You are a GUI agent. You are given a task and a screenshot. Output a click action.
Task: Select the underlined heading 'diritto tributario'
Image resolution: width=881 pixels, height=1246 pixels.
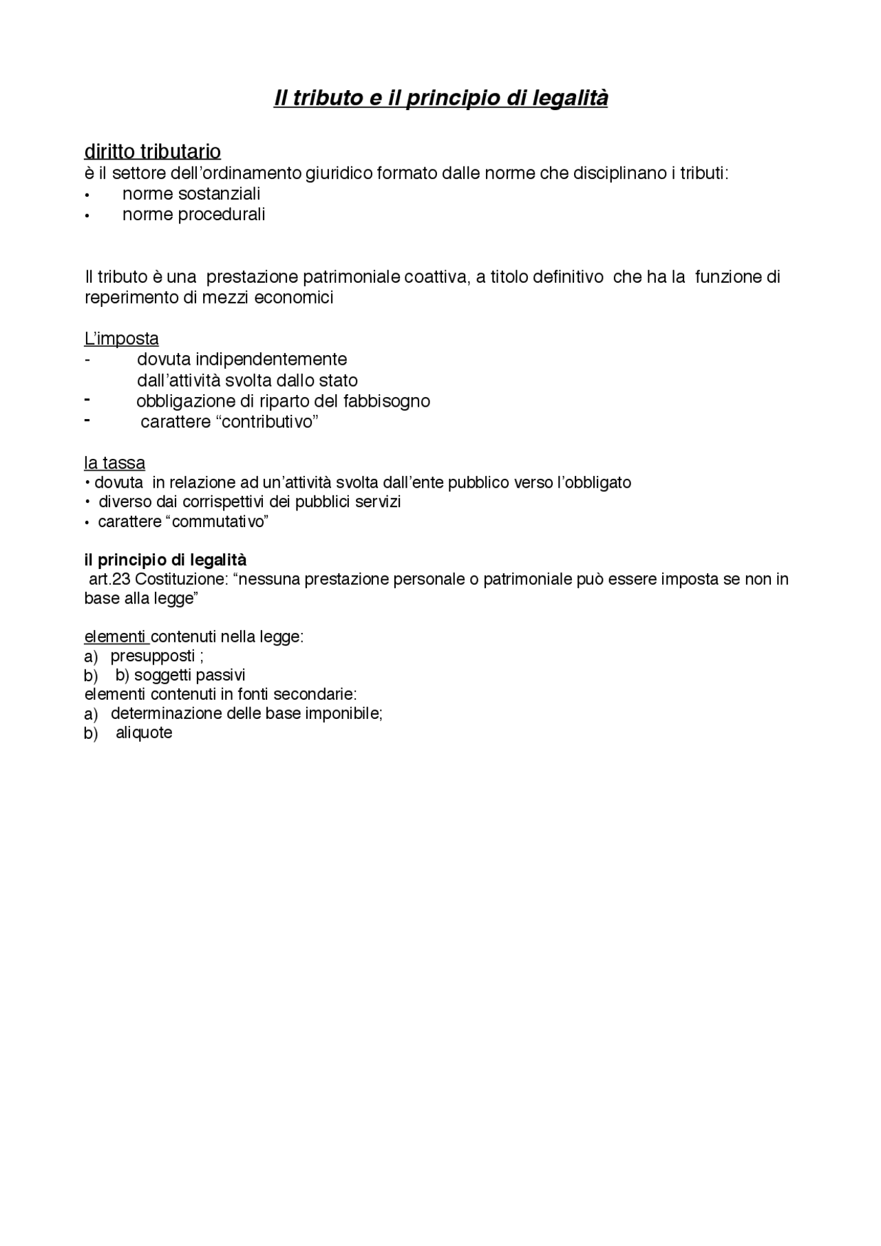152,151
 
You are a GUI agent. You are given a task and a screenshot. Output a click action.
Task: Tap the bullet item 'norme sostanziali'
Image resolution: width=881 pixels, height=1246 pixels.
191,194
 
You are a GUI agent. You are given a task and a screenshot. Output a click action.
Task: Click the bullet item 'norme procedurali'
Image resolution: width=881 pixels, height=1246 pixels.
193,215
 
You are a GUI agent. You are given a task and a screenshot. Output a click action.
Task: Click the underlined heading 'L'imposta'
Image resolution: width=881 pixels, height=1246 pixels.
121,339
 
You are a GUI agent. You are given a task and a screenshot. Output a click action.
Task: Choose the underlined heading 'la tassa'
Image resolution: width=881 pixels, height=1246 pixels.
114,463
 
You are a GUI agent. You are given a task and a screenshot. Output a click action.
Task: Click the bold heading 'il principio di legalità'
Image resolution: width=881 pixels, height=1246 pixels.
165,559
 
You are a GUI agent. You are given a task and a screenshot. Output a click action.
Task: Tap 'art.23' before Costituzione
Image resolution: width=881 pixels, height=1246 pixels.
109,579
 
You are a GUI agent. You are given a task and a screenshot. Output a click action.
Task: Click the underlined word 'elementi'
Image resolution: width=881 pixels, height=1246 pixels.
115,637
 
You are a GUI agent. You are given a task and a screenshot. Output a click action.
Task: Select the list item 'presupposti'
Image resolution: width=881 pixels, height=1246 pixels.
153,656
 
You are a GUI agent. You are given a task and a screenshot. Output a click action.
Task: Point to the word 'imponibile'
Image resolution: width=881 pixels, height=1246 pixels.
347,713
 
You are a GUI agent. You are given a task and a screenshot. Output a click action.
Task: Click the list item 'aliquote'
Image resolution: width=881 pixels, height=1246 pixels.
144,733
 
